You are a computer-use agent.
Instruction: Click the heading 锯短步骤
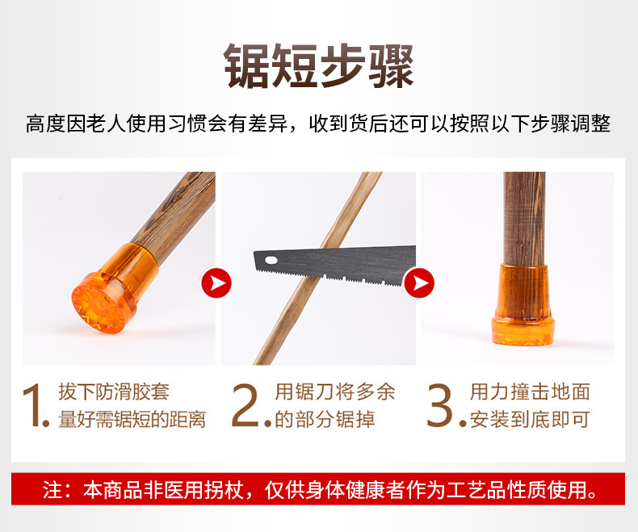pyautogui.click(x=319, y=65)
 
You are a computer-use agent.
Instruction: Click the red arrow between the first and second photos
pyautogui.click(x=216, y=283)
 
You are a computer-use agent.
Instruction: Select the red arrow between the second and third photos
pyautogui.click(x=419, y=283)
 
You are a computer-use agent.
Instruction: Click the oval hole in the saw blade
pyautogui.click(x=271, y=260)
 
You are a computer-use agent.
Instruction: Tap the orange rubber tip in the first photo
pyautogui.click(x=115, y=289)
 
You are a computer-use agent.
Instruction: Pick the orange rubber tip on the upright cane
pyautogui.click(x=523, y=304)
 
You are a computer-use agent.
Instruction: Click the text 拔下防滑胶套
pyautogui.click(x=114, y=392)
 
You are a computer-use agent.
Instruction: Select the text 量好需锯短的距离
pyautogui.click(x=132, y=419)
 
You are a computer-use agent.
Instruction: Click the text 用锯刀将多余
pyautogui.click(x=335, y=392)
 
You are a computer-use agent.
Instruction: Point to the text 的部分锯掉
pyautogui.click(x=325, y=419)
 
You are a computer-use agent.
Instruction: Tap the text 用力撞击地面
pyautogui.click(x=530, y=392)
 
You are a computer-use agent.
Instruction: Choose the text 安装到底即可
pyautogui.click(x=530, y=419)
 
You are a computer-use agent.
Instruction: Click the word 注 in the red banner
pyautogui.click(x=52, y=489)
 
